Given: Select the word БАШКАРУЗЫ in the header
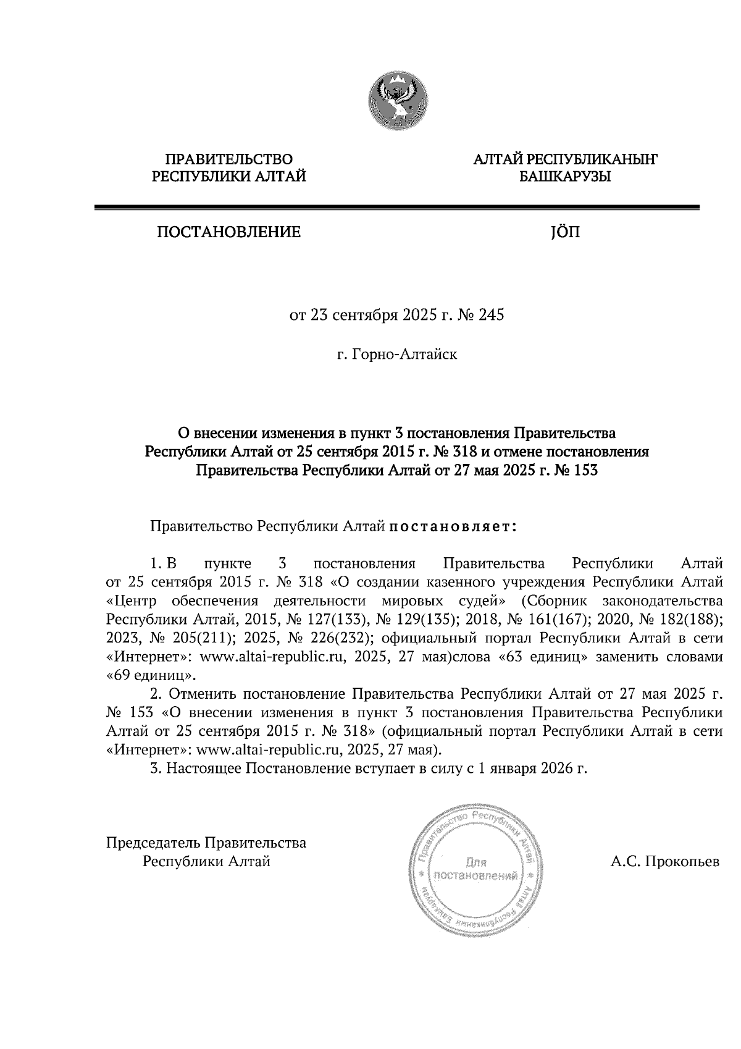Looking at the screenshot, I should coord(565,177).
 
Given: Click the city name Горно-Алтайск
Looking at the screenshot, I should coord(403,355).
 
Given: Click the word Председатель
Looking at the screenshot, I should coord(154,843).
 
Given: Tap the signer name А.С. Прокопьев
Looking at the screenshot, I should coord(664,861).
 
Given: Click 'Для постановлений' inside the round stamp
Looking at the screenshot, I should coord(476,869).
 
